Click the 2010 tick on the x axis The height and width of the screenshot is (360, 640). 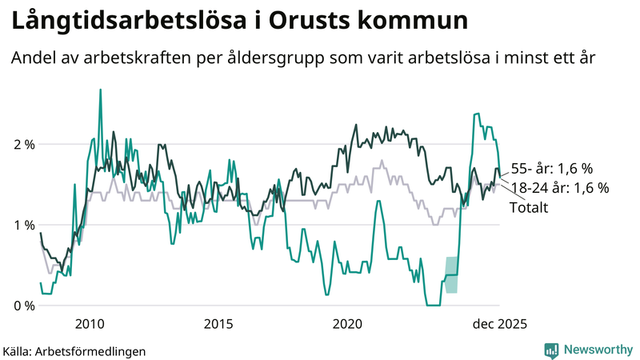point(89,323)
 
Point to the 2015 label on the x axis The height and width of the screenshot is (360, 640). point(218,323)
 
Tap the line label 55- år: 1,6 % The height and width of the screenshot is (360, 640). point(551,169)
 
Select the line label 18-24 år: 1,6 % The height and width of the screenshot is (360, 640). point(559,188)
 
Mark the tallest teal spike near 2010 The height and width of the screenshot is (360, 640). point(100,90)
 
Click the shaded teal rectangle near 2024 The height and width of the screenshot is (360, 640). point(451,274)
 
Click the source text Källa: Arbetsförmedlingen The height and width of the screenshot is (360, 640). point(74,350)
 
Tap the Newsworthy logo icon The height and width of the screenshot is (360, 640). point(551,350)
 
